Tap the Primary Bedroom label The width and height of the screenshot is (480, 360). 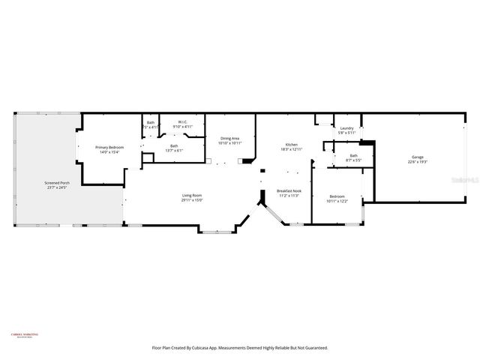coord(109,147)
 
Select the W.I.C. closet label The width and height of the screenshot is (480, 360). coord(182,122)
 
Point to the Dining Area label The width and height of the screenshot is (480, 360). coord(229,138)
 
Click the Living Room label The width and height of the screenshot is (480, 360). coord(192,196)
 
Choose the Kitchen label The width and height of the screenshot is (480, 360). coord(291,145)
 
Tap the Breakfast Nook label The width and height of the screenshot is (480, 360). coord(289,191)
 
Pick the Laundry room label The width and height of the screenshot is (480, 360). coord(346,128)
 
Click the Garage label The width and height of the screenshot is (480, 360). coord(417,157)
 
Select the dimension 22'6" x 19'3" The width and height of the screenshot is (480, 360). coord(417,161)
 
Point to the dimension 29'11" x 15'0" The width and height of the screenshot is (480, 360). coord(192,201)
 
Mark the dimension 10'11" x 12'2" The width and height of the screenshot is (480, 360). coord(336,201)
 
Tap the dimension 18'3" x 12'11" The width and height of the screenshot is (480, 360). coord(291,149)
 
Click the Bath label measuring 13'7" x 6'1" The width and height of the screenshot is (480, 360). coord(174,145)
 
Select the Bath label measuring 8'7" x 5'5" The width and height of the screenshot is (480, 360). coord(353,155)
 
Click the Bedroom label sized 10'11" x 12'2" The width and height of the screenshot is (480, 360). coord(336,196)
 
